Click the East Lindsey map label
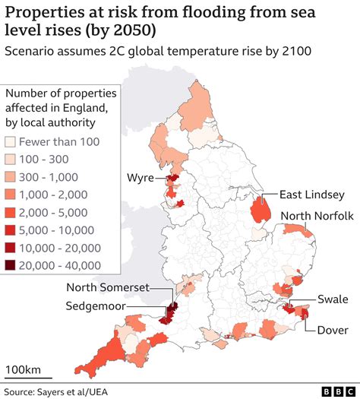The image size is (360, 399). click(x=312, y=194)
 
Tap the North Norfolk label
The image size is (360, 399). click(x=317, y=216)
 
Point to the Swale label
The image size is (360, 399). click(x=333, y=299)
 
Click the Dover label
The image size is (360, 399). click(x=331, y=329)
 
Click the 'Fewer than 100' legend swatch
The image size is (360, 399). click(x=11, y=142)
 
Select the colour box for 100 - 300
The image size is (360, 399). click(x=11, y=160)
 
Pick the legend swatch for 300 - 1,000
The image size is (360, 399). click(x=11, y=177)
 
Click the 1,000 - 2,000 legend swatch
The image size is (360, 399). click(x=11, y=195)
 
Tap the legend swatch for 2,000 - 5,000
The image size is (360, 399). click(x=11, y=212)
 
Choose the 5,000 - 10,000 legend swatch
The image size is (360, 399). click(x=11, y=230)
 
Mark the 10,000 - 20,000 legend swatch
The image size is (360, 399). click(x=11, y=247)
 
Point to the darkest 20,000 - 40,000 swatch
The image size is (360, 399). click(x=11, y=264)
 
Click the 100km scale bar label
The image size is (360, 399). click(x=24, y=369)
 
